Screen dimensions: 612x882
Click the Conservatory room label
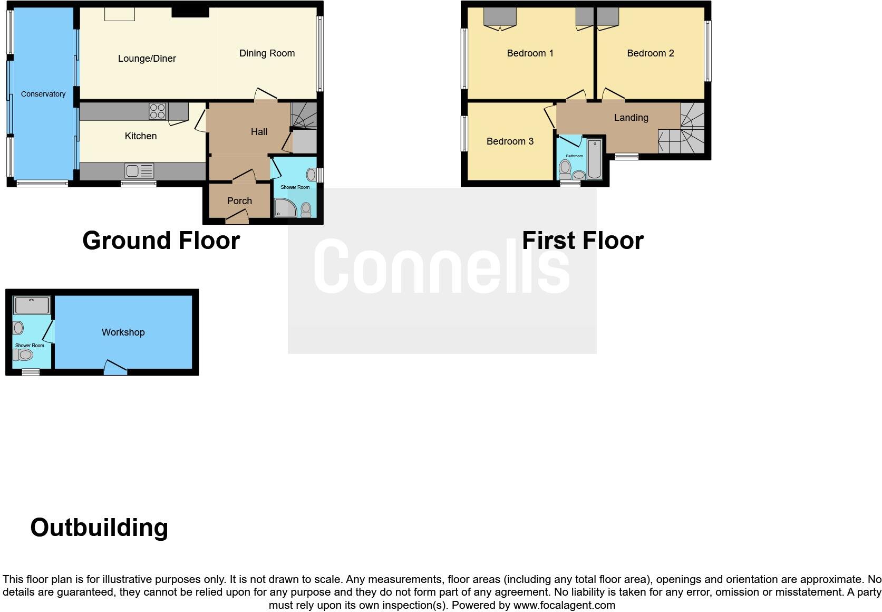43,94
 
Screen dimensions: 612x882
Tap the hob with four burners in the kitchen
157,111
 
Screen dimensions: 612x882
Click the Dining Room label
267,53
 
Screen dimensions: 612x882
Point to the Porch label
239,201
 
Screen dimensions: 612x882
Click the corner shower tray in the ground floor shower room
285,208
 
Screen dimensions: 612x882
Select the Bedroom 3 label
510,141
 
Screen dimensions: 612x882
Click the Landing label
631,118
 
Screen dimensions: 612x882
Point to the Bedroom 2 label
650,53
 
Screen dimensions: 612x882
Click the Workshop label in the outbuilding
123,332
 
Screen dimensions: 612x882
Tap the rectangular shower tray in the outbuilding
32,304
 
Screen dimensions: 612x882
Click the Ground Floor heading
161,241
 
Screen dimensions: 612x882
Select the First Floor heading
583,241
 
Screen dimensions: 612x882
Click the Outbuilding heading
99,528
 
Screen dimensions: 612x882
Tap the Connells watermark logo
442,266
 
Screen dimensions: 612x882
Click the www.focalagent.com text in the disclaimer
564,605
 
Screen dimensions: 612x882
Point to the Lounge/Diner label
147,59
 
